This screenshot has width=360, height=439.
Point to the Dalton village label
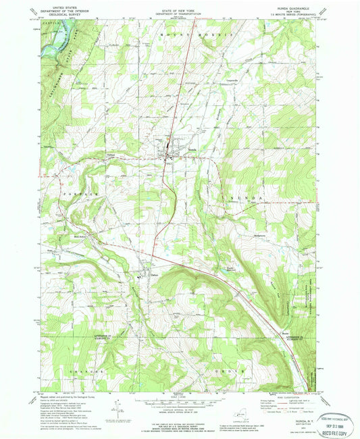154,273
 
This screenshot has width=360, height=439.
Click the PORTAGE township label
82,193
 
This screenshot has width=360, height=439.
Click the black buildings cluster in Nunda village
168,155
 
